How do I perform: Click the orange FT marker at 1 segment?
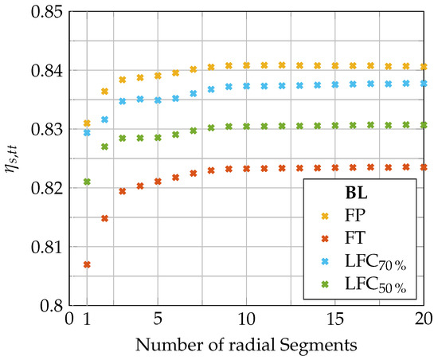coord(87,264)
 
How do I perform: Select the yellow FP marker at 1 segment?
coord(87,123)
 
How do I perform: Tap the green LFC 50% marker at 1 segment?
coord(87,182)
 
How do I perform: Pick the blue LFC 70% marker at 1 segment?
coord(87,132)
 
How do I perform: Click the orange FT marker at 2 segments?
coord(104,218)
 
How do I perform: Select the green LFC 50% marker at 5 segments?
coord(158,137)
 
